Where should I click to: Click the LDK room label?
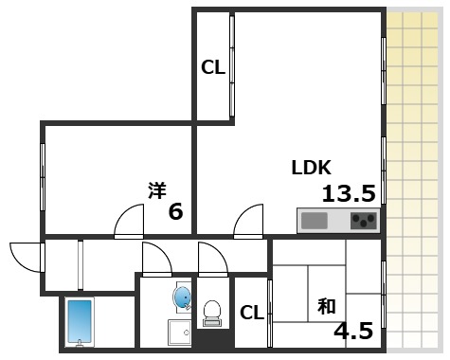(x=310, y=169)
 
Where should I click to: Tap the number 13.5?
(x=349, y=194)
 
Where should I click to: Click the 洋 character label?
(x=157, y=189)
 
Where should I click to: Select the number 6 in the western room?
(x=175, y=211)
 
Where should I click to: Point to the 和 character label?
(x=327, y=307)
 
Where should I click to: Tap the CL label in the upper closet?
(x=212, y=67)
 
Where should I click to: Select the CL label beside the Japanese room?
(x=251, y=313)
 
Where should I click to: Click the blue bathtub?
(x=79, y=321)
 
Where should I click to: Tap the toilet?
(x=213, y=311)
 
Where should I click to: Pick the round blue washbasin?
(x=182, y=297)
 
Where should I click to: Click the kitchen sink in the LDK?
(x=314, y=222)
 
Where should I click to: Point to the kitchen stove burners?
(x=363, y=222)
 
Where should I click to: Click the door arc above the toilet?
(x=212, y=257)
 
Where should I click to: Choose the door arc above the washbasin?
(x=155, y=257)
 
